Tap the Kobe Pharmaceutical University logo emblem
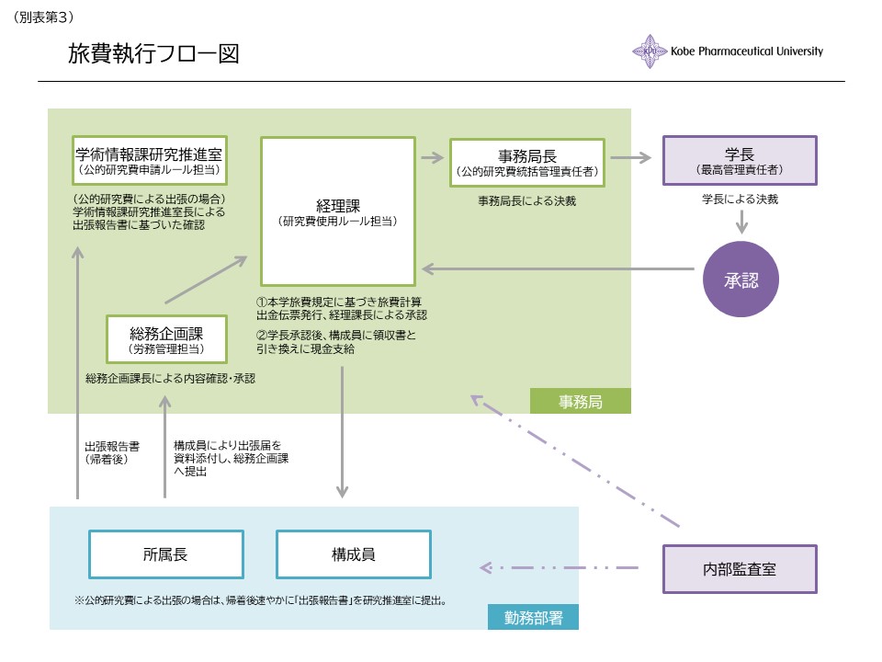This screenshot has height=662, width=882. point(650,51)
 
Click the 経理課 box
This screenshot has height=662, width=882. point(338,211)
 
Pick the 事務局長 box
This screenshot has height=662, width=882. point(526,162)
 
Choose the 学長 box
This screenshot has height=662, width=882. point(740,161)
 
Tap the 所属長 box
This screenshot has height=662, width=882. point(165,554)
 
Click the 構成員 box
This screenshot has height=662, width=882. point(354,554)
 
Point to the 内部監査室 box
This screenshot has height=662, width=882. point(740,568)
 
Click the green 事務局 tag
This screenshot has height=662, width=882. point(580,401)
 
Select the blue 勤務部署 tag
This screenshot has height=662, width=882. point(533,617)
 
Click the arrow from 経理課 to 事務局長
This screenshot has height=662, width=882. point(432,158)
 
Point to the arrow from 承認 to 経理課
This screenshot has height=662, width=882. point(558,269)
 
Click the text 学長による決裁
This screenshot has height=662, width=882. point(740,200)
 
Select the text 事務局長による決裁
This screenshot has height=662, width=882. point(527,200)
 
